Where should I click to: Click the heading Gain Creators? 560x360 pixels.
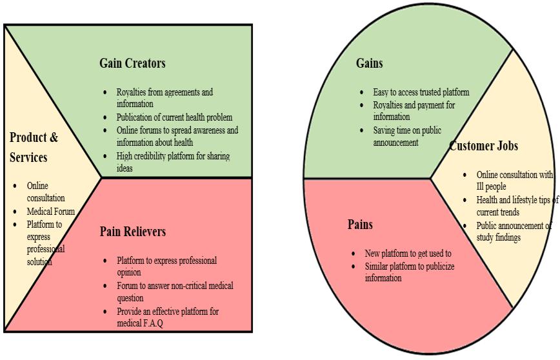tap(132, 63)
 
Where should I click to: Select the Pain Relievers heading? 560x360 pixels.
tap(132, 232)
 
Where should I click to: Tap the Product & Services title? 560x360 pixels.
tap(34, 147)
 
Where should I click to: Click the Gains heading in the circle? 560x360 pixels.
tap(369, 63)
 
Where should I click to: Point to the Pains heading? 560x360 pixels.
tap(360, 225)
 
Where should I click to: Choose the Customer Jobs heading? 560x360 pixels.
tap(483, 146)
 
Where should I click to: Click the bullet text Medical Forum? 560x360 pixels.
tap(50, 212)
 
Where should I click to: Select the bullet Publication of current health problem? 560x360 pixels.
tap(174, 117)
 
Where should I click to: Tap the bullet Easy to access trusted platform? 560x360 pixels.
tap(421, 92)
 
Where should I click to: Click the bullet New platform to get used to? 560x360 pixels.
tap(408, 254)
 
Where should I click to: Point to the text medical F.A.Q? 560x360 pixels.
tap(140, 323)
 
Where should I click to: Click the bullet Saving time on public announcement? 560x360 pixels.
tap(406, 136)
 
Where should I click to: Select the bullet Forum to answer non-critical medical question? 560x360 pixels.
tap(174, 292)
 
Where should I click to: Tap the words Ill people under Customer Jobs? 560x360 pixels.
tap(491, 186)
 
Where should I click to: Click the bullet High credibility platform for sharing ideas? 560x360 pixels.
tap(172, 162)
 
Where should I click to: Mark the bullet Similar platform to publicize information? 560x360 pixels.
tap(409, 272)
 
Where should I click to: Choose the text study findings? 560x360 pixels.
tap(498, 237)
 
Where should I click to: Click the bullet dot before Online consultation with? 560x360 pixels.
tap(465, 175)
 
